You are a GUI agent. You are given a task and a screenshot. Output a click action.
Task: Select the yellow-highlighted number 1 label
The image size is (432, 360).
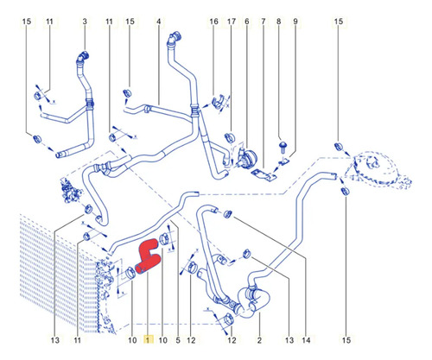coord(149,340)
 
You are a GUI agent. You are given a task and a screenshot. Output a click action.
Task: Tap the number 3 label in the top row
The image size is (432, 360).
coord(85,22)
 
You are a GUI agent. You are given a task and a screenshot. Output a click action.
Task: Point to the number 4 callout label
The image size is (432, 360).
coord(159,22)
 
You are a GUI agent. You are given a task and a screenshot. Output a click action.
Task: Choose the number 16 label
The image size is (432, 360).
coord(213,22)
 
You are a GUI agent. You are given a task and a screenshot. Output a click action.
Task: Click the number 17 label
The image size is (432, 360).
coord(232,22)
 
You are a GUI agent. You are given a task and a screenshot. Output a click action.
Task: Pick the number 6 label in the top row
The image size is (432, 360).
coord(247,22)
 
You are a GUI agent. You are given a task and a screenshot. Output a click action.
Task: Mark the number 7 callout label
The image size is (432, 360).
coord(264,22)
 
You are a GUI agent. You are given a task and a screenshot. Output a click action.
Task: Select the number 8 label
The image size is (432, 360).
coord(279,22)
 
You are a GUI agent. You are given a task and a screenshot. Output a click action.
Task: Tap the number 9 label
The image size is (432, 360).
coord(295,22)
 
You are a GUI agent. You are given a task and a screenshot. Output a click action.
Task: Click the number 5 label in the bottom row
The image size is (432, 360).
coord(178,340)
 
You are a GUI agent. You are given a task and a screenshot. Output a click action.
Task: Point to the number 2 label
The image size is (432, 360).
coord(259,340)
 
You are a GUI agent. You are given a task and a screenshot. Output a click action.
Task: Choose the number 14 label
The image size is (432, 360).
coord(306,340)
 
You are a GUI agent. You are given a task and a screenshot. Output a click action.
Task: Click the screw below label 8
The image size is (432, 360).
coord(283,147)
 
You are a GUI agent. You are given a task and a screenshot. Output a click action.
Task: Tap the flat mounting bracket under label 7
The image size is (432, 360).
coord(264,175)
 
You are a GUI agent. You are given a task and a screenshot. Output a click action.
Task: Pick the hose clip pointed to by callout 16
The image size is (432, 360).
coord(218,102)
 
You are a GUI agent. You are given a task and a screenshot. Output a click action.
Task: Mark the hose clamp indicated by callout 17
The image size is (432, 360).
coord(230,137)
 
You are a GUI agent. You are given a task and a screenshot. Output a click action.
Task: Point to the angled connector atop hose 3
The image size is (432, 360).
coord(83,56)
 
